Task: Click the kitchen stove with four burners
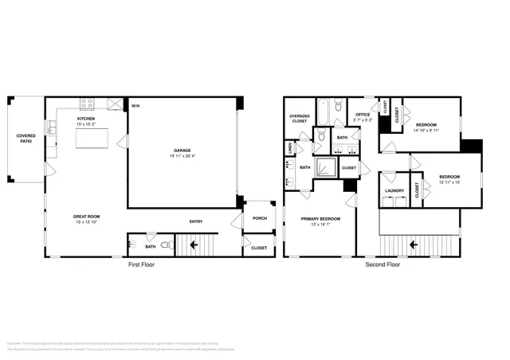click(x=88, y=103)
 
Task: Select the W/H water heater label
click(x=135, y=106)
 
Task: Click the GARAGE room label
click(x=182, y=150)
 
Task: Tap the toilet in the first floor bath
click(x=166, y=245)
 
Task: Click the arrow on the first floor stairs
click(x=195, y=245)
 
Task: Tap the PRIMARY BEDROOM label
click(x=320, y=217)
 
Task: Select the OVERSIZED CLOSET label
click(x=299, y=119)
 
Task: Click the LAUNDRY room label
click(x=394, y=190)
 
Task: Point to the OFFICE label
click(x=363, y=114)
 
